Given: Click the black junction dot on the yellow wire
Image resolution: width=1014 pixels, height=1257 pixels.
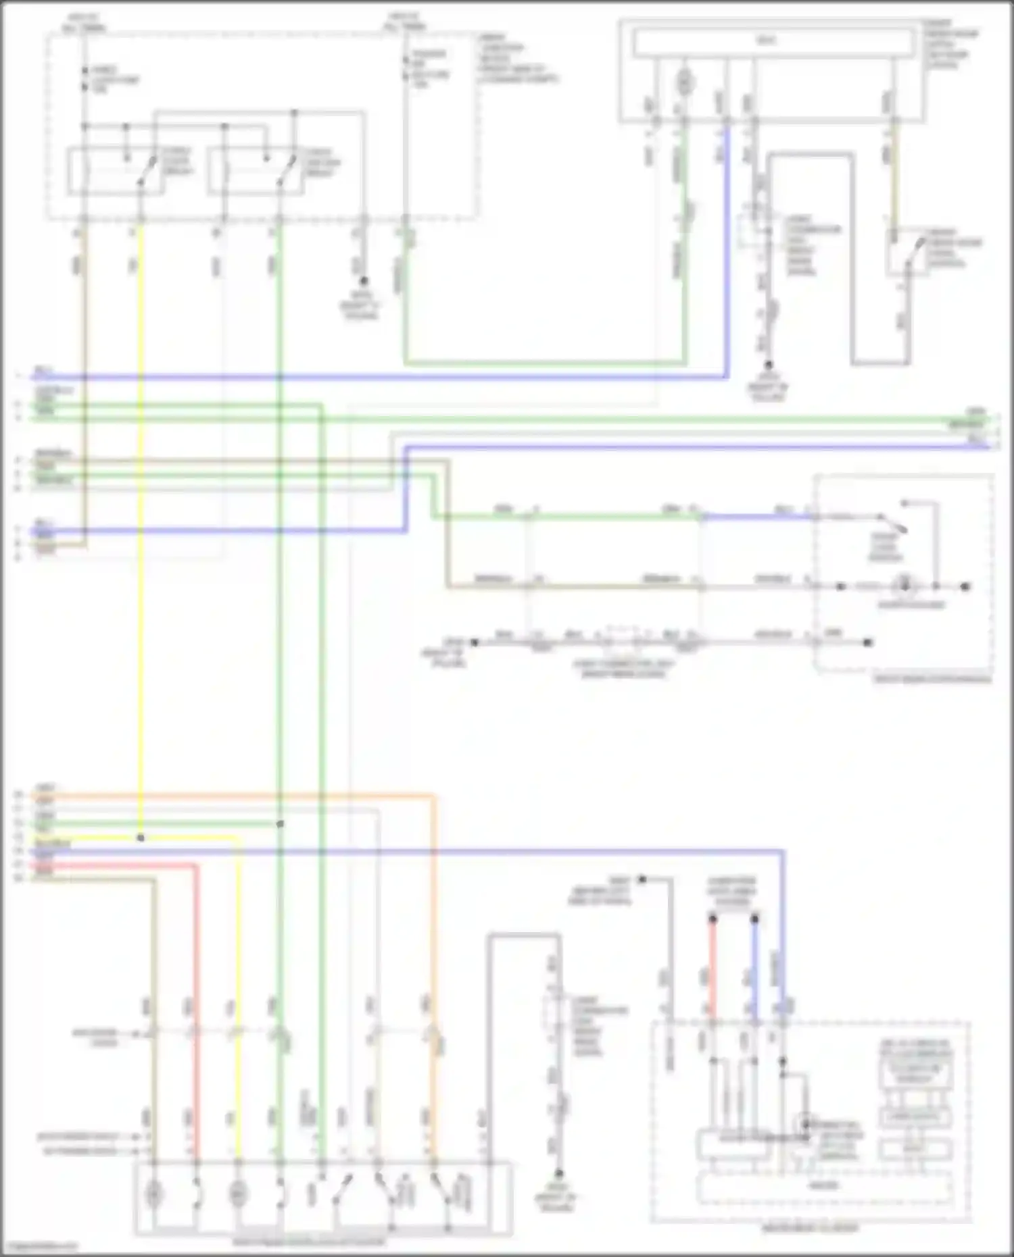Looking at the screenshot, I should [x=141, y=838].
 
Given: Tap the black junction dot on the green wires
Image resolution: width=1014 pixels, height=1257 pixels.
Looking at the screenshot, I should [x=280, y=824].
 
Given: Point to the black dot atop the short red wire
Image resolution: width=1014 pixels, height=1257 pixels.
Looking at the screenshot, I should [x=713, y=919].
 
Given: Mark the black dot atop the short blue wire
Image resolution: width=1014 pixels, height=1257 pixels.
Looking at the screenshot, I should [x=755, y=919].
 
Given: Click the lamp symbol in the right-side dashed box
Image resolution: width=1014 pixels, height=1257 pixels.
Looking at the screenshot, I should [x=904, y=586].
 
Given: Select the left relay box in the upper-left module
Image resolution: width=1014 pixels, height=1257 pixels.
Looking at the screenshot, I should [x=116, y=172].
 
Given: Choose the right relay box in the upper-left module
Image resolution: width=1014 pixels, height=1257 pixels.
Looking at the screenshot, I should [x=255, y=172].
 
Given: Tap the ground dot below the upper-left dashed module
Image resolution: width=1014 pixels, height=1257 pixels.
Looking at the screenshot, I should [x=364, y=280].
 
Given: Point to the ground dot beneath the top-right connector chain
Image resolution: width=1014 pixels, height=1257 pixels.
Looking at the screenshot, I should [x=768, y=365].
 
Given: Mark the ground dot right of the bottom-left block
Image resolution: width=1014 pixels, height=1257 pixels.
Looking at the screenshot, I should [x=558, y=1174].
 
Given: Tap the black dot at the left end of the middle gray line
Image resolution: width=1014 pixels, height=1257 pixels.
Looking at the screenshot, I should [x=475, y=642].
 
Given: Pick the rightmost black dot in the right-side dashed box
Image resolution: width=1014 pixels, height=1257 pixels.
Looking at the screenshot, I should [x=966, y=586].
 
